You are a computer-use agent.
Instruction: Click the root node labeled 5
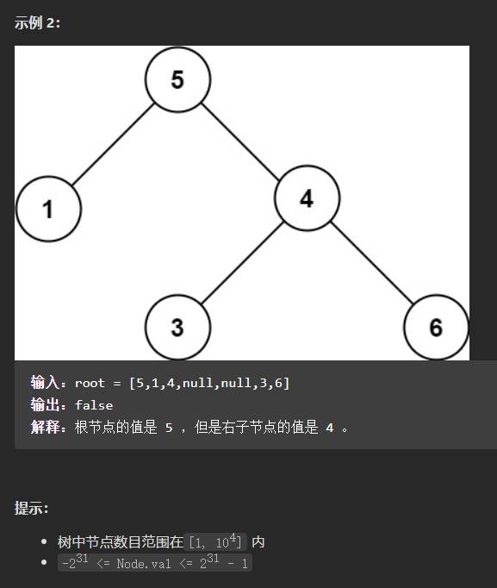(x=178, y=79)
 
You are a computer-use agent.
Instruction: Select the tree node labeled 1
(x=49, y=209)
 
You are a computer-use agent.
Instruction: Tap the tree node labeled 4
(x=308, y=198)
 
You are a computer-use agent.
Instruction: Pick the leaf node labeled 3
(x=178, y=328)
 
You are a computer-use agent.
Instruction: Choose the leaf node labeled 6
(x=437, y=328)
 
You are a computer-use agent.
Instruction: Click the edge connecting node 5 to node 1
(x=113, y=144)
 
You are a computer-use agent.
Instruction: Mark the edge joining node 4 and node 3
(x=242, y=263)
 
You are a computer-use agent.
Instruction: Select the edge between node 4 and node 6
(x=372, y=262)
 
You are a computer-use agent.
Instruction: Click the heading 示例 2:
(x=37, y=23)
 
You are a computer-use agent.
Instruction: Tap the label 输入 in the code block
(x=45, y=383)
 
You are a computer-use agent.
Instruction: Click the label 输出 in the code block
(x=45, y=405)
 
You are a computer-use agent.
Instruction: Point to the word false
(x=94, y=405)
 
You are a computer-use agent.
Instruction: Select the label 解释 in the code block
(x=45, y=427)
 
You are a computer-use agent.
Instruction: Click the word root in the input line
(x=90, y=384)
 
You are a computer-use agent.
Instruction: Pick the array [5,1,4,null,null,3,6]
(x=209, y=384)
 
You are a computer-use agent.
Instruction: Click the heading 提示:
(x=32, y=509)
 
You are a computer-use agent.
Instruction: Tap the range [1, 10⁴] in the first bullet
(x=215, y=541)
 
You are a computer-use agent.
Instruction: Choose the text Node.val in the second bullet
(x=144, y=564)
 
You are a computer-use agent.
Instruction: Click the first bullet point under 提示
(x=44, y=541)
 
